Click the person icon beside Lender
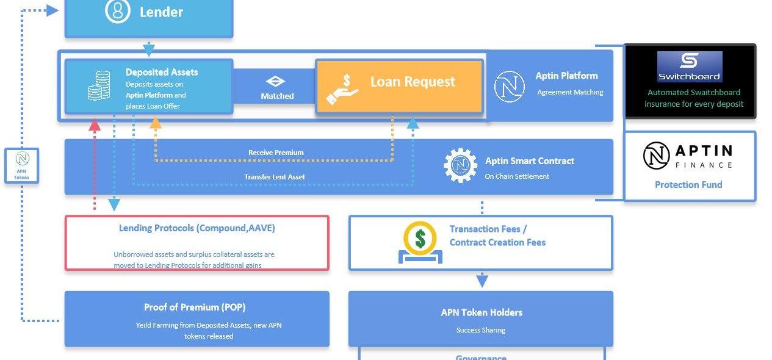click(x=117, y=11)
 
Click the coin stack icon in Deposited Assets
click(x=99, y=85)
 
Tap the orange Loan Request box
click(x=399, y=86)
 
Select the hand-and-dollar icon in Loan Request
click(x=343, y=89)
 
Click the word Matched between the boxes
click(x=277, y=96)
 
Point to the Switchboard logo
click(x=690, y=67)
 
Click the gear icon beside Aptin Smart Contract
click(x=460, y=165)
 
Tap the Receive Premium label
click(x=276, y=153)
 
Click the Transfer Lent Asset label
click(x=275, y=177)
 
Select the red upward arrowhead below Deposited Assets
click(x=95, y=124)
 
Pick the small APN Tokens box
click(x=22, y=165)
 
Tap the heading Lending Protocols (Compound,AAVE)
click(x=197, y=228)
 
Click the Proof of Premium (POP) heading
click(x=195, y=308)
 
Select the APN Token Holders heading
click(x=482, y=312)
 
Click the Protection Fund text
click(x=688, y=185)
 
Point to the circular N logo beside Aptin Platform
click(x=509, y=86)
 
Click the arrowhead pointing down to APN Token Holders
click(x=482, y=281)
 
